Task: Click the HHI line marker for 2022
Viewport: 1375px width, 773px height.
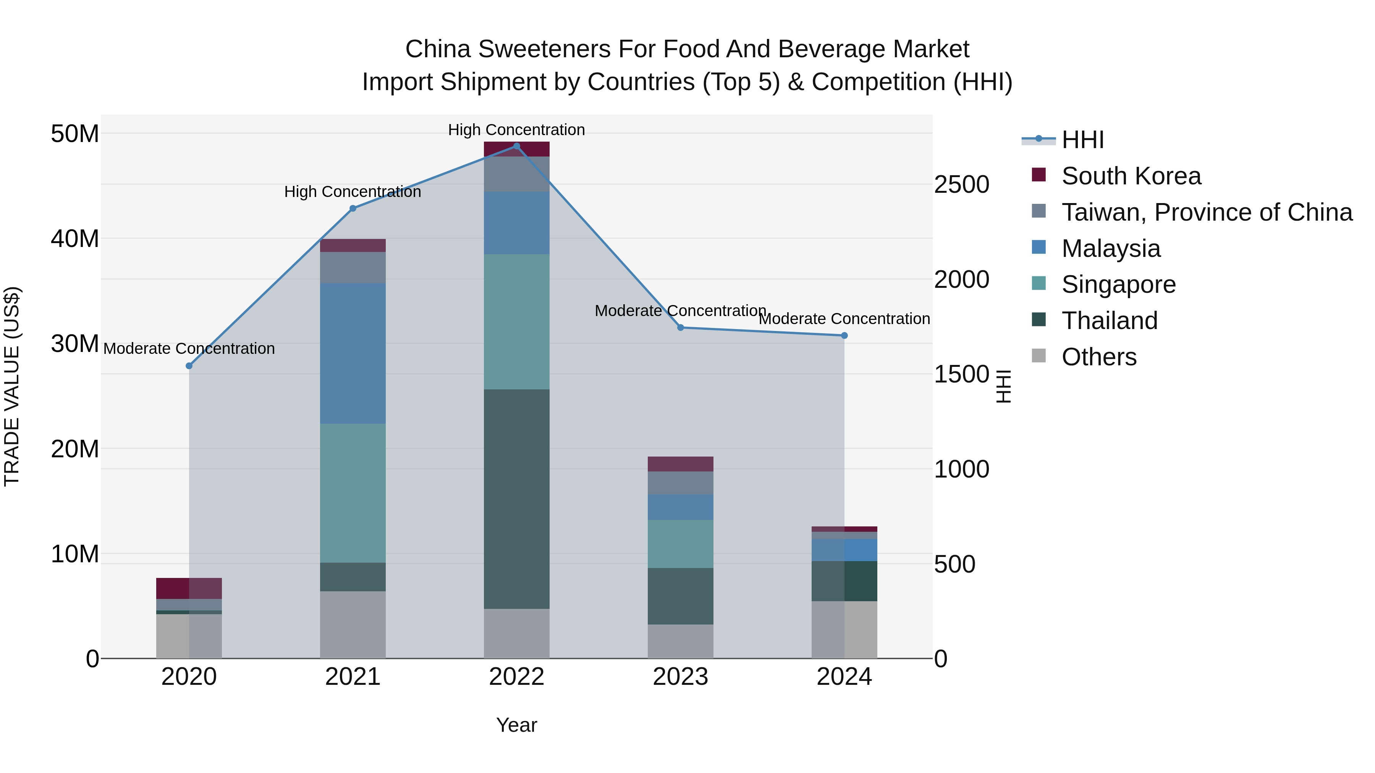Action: pos(516,146)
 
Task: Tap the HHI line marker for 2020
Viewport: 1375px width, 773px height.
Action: pos(189,366)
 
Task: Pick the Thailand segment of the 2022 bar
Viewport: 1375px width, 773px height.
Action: pos(516,499)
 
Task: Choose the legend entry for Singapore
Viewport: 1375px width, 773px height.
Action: pos(1118,284)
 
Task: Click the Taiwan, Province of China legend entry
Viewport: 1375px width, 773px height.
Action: pos(1206,212)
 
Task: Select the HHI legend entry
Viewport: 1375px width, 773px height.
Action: pos(1082,140)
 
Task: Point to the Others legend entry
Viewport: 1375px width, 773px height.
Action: pos(1098,357)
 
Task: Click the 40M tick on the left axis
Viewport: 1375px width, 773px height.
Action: pos(75,239)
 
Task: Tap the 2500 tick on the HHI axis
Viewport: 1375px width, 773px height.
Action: pos(961,185)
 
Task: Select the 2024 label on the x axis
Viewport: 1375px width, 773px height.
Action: pos(844,677)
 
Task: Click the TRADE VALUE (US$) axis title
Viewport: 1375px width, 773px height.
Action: pos(12,386)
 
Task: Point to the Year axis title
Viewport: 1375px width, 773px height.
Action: pos(516,725)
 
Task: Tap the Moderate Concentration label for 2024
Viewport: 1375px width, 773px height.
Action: pos(844,319)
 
